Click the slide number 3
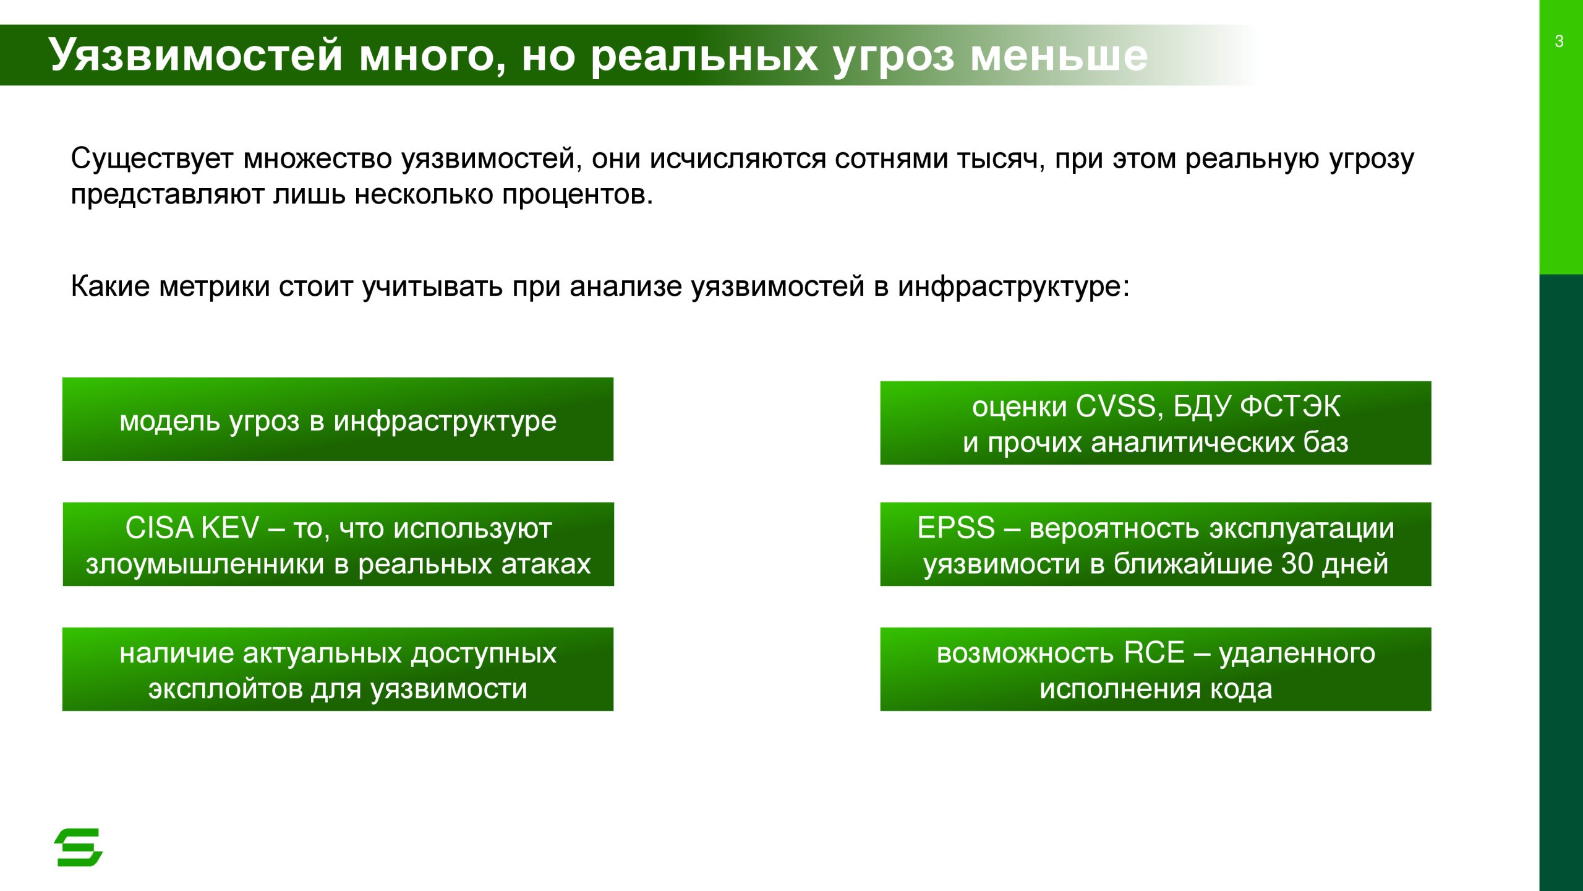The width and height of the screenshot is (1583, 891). click(1559, 41)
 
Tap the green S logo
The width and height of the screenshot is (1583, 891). click(79, 847)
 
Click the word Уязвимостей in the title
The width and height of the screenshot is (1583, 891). click(195, 54)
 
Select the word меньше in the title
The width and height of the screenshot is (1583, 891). click(1059, 56)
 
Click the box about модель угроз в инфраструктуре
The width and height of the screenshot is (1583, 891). click(338, 419)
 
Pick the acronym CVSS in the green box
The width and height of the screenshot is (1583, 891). click(1120, 407)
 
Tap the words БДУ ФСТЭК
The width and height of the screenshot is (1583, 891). click(1257, 407)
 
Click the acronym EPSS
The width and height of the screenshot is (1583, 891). click(956, 528)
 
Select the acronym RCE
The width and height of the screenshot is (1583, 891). click(1154, 653)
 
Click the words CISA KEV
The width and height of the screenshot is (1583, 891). click(192, 528)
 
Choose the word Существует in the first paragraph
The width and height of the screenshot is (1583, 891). click(152, 158)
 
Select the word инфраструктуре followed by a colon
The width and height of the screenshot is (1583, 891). click(1013, 286)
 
